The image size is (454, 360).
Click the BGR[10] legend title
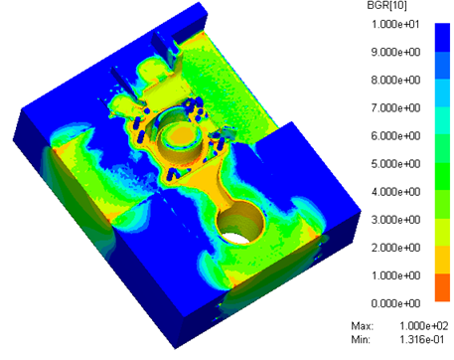386,6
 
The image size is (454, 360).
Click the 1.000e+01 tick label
395,24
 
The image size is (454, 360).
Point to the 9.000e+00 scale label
395,52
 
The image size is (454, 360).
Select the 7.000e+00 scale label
395,108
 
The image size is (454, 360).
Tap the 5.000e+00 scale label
395,164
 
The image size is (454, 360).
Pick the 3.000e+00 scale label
395,220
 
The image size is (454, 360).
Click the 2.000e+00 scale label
395,248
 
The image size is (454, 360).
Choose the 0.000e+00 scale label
395,303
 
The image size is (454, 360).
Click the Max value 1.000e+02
424,326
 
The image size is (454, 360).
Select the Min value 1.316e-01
422,339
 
